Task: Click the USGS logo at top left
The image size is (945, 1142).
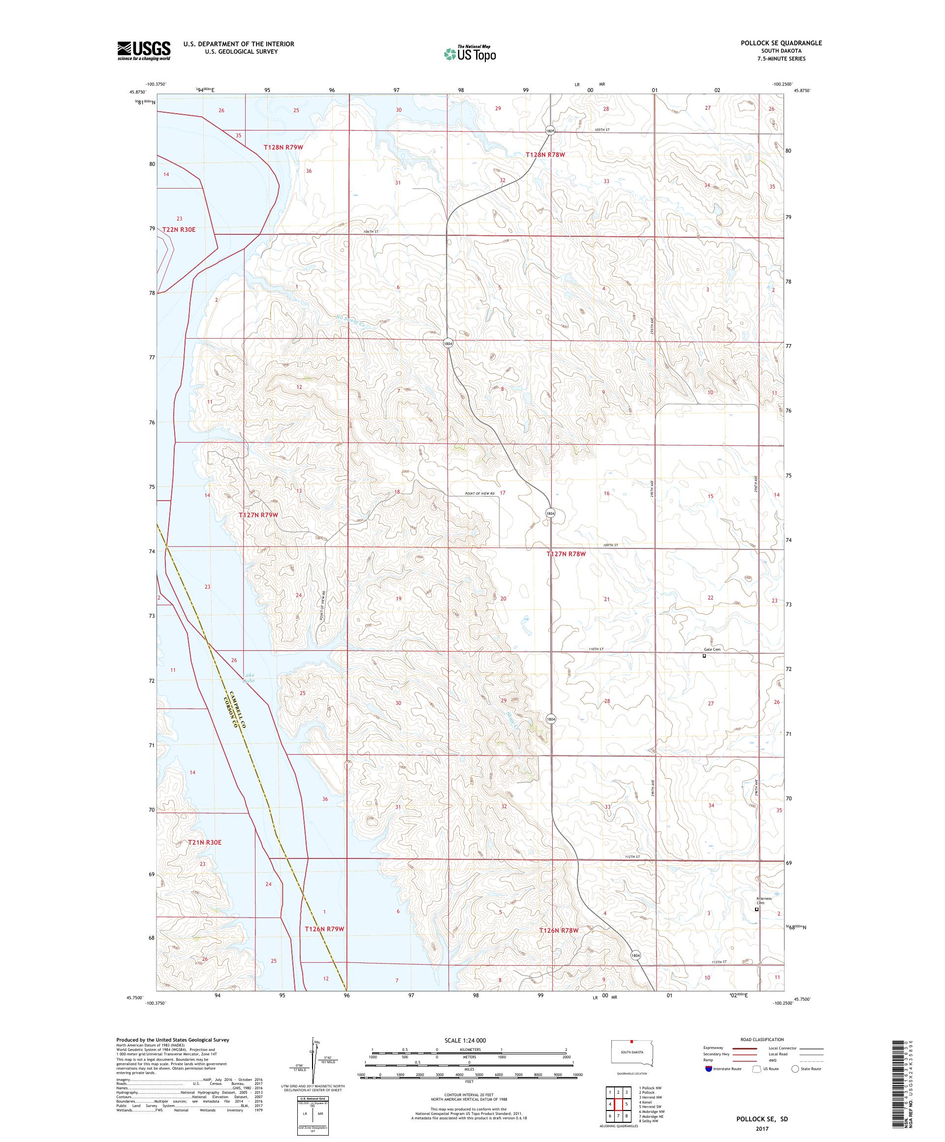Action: (144, 51)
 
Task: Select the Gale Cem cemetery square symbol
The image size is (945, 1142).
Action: (704, 656)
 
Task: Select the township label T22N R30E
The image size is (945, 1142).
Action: (178, 229)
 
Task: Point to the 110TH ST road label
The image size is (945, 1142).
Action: (596, 649)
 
